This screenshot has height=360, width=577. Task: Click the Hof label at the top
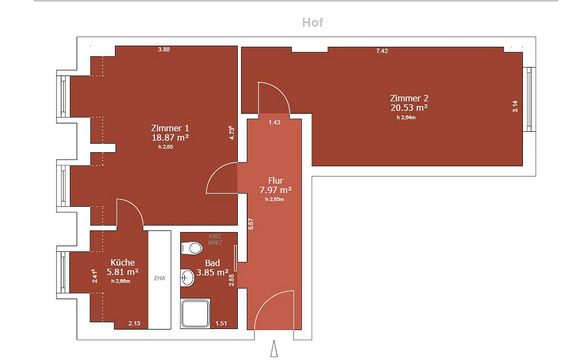tap(313, 23)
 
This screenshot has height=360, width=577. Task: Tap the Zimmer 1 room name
tap(170, 128)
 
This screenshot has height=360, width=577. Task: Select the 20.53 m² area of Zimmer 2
tap(409, 108)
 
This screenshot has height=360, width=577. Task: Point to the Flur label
tap(276, 181)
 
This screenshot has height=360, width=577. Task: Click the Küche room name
tap(122, 263)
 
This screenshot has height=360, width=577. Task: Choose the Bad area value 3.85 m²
tap(212, 273)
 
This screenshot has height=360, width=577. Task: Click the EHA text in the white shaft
tap(159, 278)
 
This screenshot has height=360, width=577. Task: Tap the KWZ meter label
tap(215, 236)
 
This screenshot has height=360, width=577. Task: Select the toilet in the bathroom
tap(192, 248)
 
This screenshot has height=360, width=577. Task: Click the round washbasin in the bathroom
tap(187, 277)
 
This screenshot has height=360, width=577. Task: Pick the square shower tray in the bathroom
tap(196, 313)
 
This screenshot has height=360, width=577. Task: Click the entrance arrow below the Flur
tap(274, 349)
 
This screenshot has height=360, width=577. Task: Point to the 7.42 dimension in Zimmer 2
tap(382, 51)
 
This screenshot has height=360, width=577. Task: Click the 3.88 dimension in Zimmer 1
tap(164, 50)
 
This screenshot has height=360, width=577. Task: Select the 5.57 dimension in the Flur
tap(251, 224)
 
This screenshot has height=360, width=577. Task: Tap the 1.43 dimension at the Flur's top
tap(274, 122)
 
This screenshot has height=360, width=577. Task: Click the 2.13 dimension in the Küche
tap(134, 323)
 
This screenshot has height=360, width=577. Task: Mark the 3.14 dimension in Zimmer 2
tap(515, 106)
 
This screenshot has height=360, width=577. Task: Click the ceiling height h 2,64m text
tap(406, 117)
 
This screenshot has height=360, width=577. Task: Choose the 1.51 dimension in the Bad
tap(221, 323)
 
